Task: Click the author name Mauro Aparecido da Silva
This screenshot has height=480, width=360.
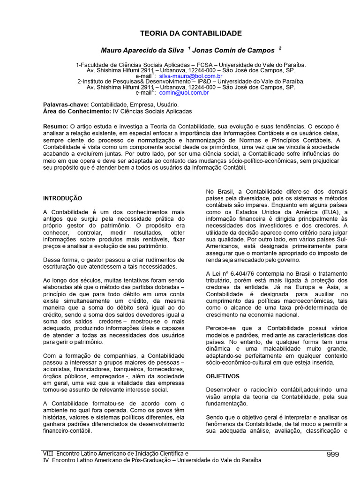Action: (142, 50)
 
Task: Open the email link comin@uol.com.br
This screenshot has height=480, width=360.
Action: (184, 93)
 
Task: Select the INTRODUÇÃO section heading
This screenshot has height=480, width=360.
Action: (62, 198)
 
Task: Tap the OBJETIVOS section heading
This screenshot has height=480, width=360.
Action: (223, 376)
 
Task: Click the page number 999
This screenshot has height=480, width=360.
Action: (332, 454)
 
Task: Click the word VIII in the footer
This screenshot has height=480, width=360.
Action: (48, 454)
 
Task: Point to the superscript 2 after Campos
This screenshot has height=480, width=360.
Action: (280, 48)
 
